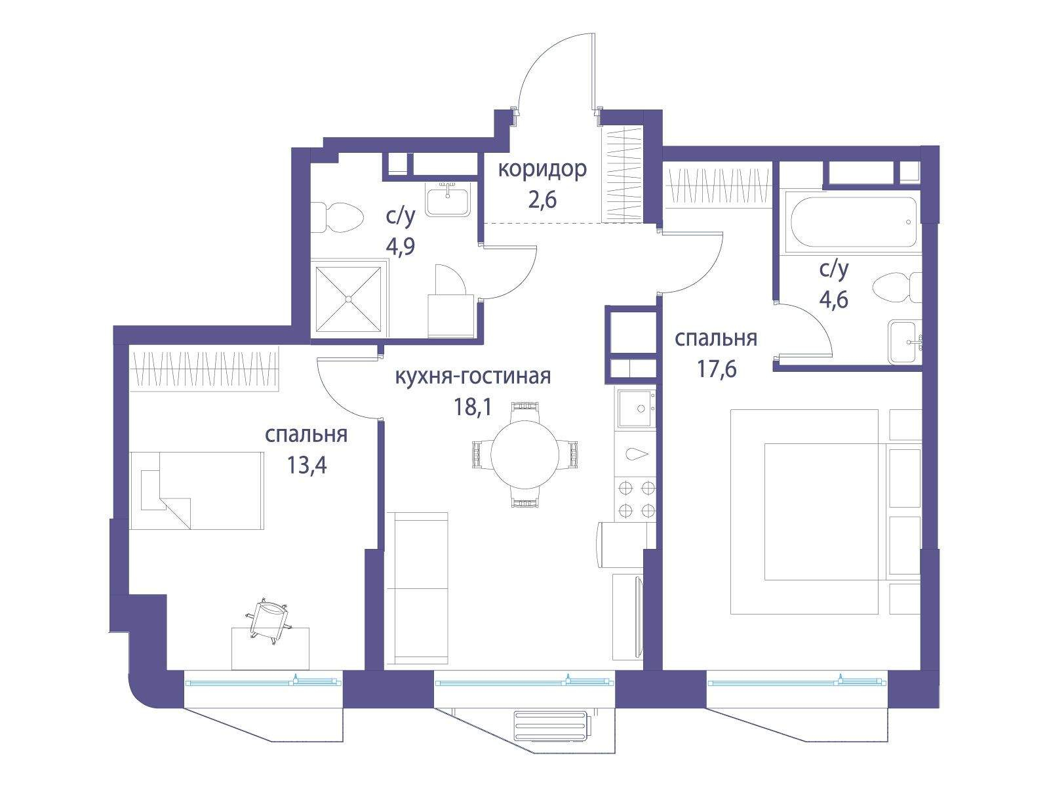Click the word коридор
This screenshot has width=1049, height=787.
coord(542,170)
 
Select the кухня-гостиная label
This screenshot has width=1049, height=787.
coord(473,376)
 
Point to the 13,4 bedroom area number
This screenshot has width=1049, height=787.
coord(307,464)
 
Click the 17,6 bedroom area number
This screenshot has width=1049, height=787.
coord(717,369)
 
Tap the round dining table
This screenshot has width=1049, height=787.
coord(524,453)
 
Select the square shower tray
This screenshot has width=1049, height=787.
coord(348,299)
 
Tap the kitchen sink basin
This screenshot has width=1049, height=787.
coord(636,409)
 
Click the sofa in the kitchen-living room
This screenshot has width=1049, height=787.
coord(417,588)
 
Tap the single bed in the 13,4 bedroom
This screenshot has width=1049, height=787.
coord(197,491)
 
